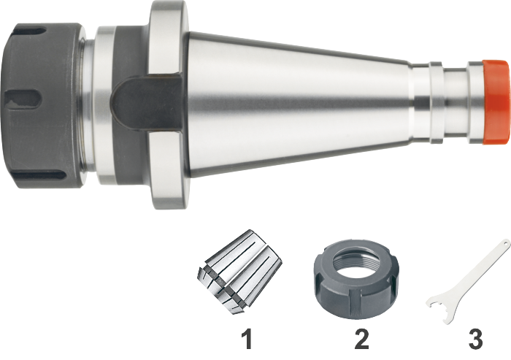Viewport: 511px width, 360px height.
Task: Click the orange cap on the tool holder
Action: coord(496,102)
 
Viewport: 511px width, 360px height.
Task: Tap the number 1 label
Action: coord(248,339)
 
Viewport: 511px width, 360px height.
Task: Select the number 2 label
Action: coord(361,339)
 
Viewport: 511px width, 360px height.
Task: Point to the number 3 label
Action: coord(475,339)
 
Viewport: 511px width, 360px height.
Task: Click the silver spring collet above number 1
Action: coord(239,272)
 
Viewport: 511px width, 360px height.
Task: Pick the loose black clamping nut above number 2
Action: coord(356,280)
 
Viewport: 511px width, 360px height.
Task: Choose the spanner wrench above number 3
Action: coord(468,282)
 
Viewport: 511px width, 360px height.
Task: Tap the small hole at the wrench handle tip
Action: coord(505,243)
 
